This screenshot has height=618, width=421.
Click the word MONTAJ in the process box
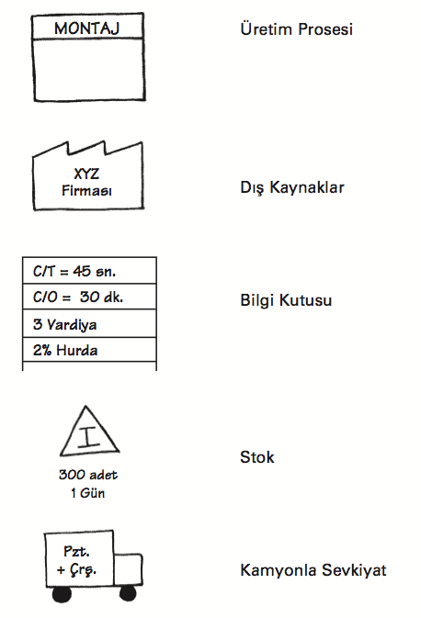pyautogui.click(x=86, y=28)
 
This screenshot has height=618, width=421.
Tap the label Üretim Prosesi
pyautogui.click(x=296, y=29)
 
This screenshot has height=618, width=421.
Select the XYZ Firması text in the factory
pyautogui.click(x=86, y=182)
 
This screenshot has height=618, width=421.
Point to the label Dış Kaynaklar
pyautogui.click(x=292, y=187)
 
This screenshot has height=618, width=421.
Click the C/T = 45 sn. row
pyautogui.click(x=89, y=271)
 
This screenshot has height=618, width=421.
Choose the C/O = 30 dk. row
pyautogui.click(x=89, y=297)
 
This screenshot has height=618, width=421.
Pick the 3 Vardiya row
pyautogui.click(x=89, y=323)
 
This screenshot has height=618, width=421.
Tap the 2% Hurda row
pyautogui.click(x=89, y=350)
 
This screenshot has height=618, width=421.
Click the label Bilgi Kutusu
pyautogui.click(x=286, y=300)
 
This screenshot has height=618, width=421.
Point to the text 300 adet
pyautogui.click(x=88, y=475)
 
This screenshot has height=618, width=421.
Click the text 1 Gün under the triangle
pyautogui.click(x=88, y=493)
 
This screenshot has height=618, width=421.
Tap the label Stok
pyautogui.click(x=256, y=457)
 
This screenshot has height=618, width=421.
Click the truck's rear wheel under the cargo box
pyautogui.click(x=62, y=594)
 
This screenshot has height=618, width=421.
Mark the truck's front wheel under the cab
pyautogui.click(x=128, y=593)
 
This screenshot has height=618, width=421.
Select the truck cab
pyautogui.click(x=128, y=568)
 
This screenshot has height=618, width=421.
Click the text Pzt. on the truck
pyautogui.click(x=76, y=551)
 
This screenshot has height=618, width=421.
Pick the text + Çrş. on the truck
pyautogui.click(x=76, y=570)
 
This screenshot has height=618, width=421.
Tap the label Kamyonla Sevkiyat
pyautogui.click(x=313, y=570)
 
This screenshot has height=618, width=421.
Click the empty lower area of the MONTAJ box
pyautogui.click(x=89, y=70)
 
